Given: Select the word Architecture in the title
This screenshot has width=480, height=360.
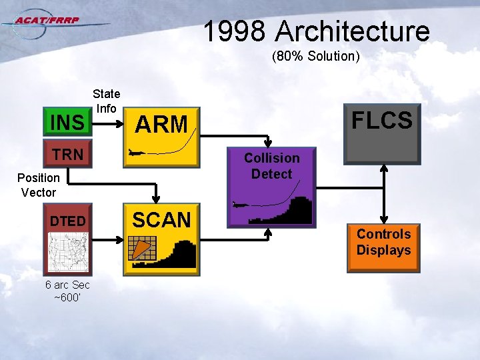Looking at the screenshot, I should point(353,31).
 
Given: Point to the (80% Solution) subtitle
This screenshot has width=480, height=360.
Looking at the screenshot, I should point(315,57).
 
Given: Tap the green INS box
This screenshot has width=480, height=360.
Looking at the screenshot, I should point(67,123).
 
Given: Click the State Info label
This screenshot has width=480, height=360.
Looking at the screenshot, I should point(106,101).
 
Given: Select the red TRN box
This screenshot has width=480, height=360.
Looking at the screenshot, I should point(67,155).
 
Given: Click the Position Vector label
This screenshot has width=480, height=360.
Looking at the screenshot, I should point(38,185).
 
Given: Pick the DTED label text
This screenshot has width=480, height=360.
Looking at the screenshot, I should point(67,221).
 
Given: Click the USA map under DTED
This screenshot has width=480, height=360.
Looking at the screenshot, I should point(67,249).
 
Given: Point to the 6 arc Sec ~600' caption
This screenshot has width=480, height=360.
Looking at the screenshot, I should point(67,291).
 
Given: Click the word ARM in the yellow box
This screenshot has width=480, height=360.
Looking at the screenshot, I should point(161,124).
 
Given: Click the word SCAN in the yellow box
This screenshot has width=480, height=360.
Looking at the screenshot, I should point(161,219).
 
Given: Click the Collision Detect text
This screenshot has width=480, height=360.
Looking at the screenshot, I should point(271,166).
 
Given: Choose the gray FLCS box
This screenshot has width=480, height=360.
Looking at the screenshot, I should point(382,134).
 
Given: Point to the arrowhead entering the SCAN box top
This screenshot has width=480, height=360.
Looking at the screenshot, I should point(155,198).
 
